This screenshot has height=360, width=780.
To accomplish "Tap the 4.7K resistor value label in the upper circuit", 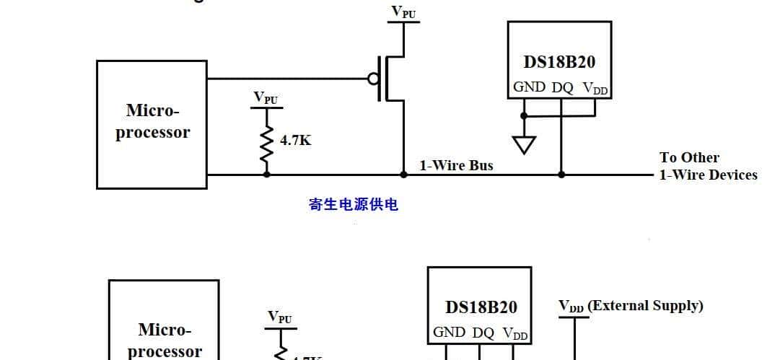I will click(x=296, y=141).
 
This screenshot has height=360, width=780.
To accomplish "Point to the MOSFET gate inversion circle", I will click(x=372, y=79).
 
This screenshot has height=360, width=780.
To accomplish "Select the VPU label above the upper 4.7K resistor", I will click(x=266, y=97).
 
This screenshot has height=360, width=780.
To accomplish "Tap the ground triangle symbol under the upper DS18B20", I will click(x=525, y=144).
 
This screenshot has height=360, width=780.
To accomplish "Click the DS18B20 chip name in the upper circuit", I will click(x=559, y=62).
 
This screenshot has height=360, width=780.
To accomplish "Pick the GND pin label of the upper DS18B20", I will click(x=529, y=87).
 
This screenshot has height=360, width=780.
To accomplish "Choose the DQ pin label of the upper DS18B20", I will click(x=562, y=88).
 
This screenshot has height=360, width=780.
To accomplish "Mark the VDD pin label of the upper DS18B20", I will click(x=595, y=88).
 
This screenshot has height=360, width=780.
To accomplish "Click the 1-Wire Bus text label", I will click(x=457, y=165).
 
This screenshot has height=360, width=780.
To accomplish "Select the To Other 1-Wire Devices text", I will click(x=707, y=166).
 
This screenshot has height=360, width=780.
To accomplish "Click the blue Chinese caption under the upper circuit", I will click(x=354, y=205).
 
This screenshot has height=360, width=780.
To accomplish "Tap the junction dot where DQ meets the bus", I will click(x=561, y=175).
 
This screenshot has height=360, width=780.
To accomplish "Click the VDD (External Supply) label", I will click(x=631, y=306).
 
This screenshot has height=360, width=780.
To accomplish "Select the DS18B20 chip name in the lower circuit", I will click(x=481, y=307).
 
